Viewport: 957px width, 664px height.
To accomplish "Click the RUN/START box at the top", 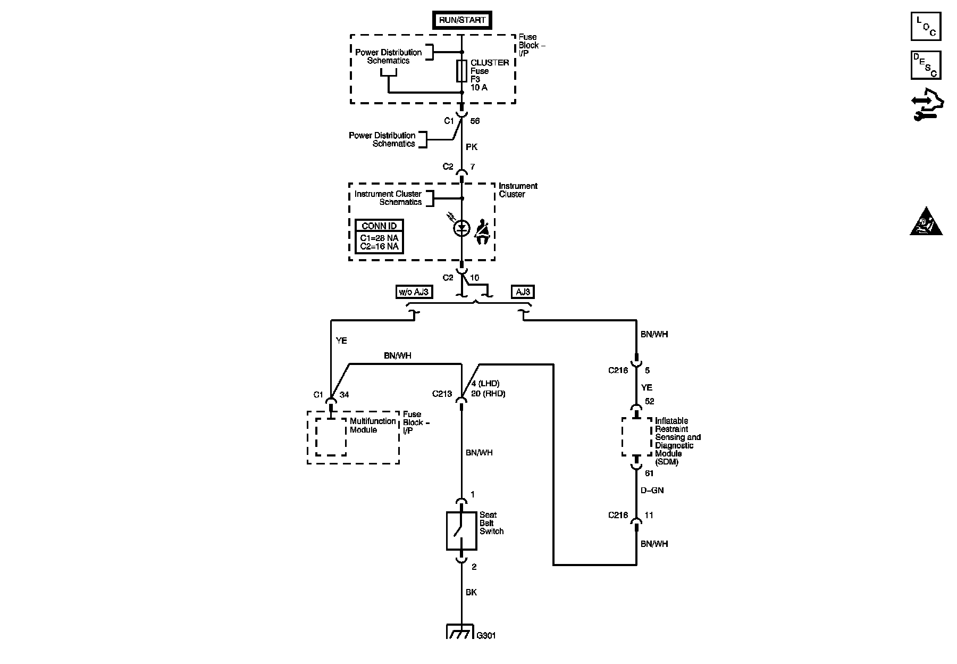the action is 461,20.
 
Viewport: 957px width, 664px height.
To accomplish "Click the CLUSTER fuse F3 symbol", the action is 461,71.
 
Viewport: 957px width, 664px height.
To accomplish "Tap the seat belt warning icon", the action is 482,231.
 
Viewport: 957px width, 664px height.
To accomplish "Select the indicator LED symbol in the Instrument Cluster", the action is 461,228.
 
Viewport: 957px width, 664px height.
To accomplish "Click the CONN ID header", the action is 379,226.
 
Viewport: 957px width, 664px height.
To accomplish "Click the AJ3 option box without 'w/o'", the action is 523,292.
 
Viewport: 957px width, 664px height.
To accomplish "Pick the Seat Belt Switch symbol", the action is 461,530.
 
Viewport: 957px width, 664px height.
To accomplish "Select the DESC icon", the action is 926,65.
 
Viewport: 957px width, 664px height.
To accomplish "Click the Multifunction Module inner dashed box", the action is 331,437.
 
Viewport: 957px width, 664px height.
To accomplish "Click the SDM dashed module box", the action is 636,437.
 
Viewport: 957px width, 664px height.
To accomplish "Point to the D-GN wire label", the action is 652,490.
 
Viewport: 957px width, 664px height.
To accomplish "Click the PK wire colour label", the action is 472,147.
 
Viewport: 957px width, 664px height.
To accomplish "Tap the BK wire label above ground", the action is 472,592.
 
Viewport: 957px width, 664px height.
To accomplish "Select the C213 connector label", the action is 442,394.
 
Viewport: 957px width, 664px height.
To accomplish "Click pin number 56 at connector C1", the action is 475,121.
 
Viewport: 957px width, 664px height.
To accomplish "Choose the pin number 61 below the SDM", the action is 649,474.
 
